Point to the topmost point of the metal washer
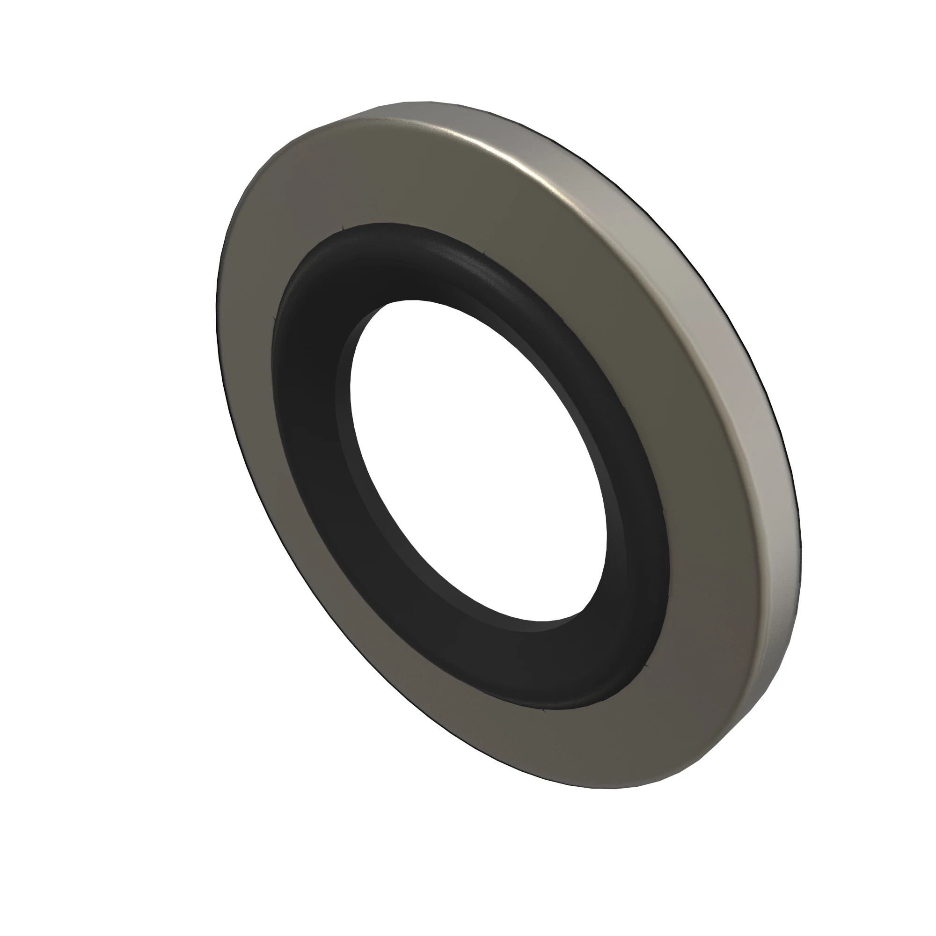(417, 101)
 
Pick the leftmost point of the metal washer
(216, 310)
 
